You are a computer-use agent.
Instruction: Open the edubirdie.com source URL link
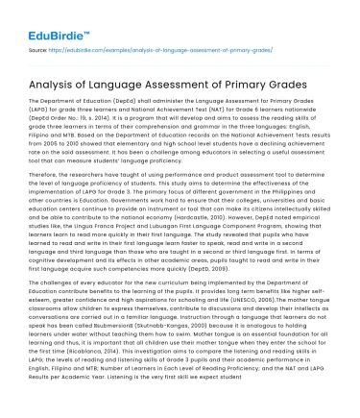click(134, 47)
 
